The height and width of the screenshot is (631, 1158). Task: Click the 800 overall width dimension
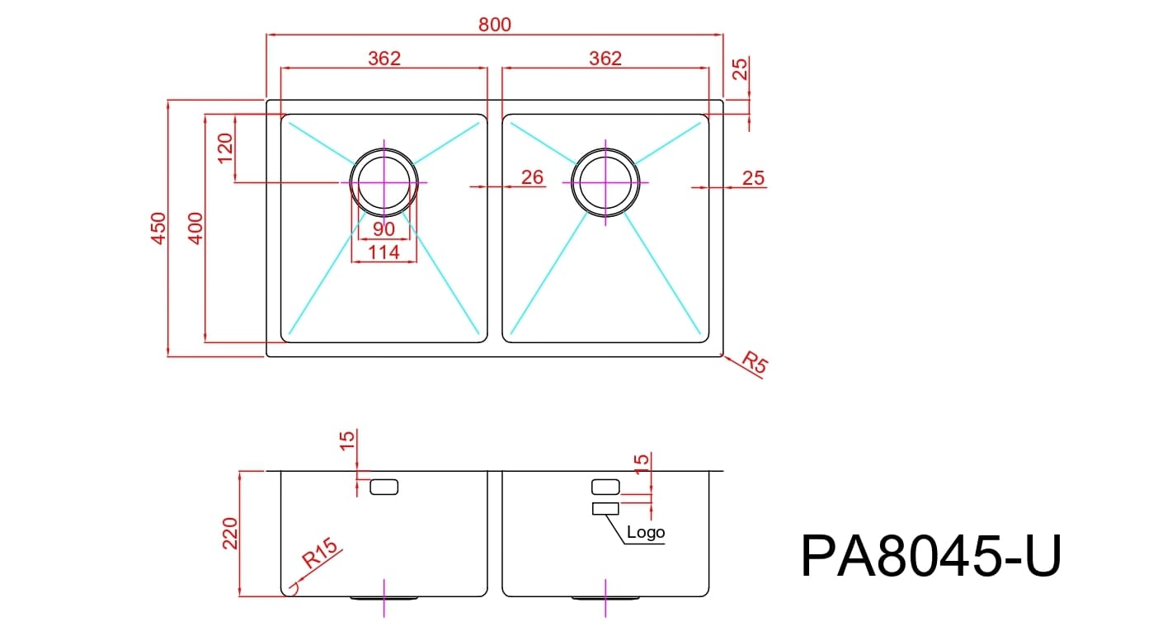495,25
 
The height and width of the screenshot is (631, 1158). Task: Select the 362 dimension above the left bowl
384,59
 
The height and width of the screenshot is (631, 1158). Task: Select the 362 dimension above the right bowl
605,59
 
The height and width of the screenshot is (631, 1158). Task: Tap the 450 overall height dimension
158,228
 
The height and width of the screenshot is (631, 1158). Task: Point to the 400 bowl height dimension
195,228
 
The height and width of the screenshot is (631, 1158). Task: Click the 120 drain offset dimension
225,148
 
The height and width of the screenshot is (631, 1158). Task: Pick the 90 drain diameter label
384,229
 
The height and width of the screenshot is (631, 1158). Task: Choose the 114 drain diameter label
384,252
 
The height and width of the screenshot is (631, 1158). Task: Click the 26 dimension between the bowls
533,177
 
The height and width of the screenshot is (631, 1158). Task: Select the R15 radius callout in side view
320,553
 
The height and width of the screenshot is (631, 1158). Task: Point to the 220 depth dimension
230,534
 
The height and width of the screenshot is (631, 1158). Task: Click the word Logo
645,533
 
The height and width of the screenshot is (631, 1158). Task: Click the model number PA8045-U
930,557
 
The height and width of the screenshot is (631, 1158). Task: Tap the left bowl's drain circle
384,182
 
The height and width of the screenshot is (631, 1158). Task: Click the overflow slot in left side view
384,487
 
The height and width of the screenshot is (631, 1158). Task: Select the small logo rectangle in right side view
605,508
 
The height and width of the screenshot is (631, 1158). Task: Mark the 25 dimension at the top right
741,69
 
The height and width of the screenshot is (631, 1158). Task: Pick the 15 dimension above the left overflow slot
347,442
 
